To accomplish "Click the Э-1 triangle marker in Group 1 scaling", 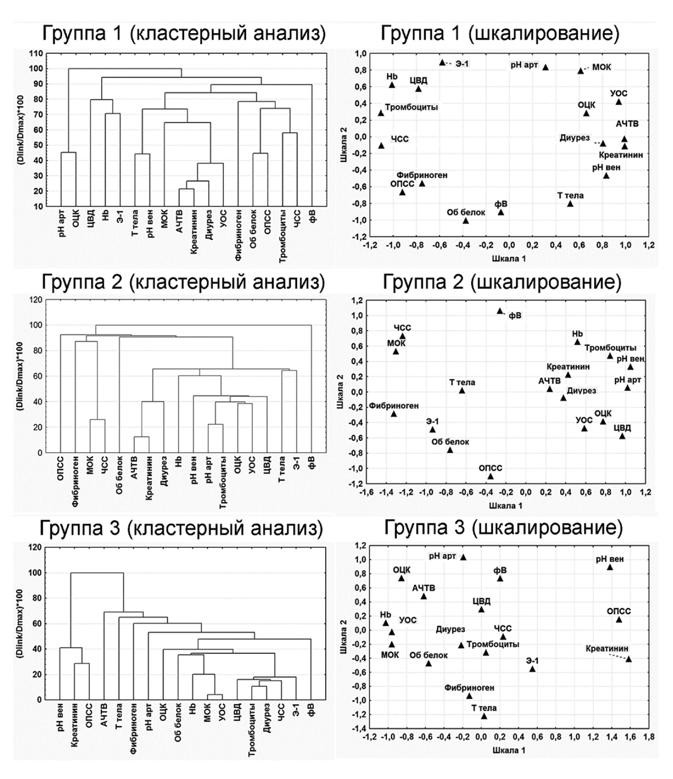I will click(442, 63).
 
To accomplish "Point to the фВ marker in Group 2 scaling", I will click(500, 311).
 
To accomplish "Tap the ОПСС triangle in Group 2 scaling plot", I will click(490, 476).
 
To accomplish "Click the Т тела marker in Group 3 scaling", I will click(484, 716).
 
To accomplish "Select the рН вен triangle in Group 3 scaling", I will click(609, 567).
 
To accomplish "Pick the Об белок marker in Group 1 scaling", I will click(465, 221).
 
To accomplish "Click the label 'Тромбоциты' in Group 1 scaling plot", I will click(411, 107).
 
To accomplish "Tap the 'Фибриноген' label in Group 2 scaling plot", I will click(394, 406).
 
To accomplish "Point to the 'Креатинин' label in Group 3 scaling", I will click(607, 649).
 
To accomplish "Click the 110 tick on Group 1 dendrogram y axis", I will click(37, 53).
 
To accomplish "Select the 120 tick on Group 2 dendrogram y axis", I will click(36, 300).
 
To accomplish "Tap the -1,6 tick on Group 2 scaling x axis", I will click(365, 492).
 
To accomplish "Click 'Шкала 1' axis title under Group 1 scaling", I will click(508, 258).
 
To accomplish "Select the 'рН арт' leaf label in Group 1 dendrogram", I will click(62, 223).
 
